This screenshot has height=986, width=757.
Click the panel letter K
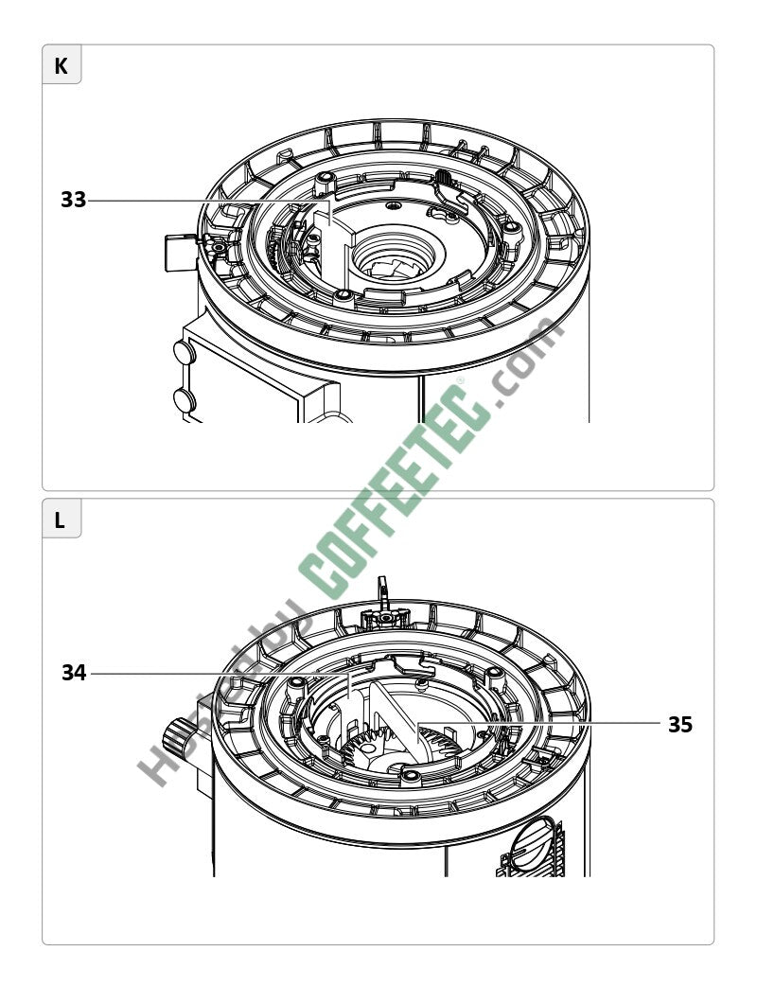(61, 66)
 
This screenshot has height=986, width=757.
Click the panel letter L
(60, 520)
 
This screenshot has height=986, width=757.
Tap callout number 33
(73, 200)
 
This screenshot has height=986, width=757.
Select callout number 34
(74, 673)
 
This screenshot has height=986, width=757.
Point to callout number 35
(679, 725)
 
